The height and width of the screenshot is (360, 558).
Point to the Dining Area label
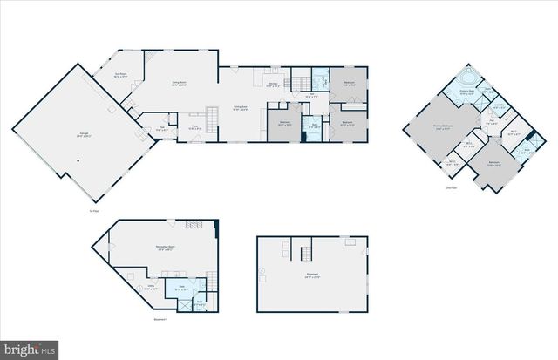click(241, 107)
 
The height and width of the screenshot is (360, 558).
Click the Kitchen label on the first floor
click(273, 84)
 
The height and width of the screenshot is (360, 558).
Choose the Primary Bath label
click(466, 91)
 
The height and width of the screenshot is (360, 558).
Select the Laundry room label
click(500, 107)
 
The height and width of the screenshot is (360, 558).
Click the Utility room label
click(150, 285)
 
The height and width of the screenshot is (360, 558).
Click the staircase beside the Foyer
click(211, 116)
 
